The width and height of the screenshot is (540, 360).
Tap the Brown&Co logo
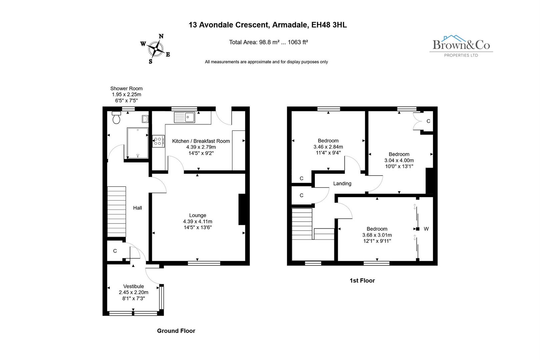(461, 46)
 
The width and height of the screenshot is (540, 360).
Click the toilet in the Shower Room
(116, 118)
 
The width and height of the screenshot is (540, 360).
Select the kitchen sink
(184, 117)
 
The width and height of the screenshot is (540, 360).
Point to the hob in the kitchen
(158, 141)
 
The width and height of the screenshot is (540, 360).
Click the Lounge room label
(197, 215)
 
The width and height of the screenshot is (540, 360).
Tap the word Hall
(137, 208)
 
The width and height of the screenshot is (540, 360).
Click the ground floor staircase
(116, 211)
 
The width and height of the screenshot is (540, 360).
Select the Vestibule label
(133, 286)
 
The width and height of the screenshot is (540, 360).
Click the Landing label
(342, 183)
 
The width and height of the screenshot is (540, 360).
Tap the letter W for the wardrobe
(426, 229)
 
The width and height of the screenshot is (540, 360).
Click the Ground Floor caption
(176, 331)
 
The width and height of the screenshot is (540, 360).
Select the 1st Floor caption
(362, 280)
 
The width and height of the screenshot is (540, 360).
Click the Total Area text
(268, 42)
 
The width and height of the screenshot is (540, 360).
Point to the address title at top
(267, 25)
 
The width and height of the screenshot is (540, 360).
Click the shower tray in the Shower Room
(137, 143)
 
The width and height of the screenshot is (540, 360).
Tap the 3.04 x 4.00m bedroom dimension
(399, 160)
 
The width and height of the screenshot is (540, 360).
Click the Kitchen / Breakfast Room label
(201, 141)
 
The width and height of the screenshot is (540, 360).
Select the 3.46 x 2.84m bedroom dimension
(328, 147)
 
